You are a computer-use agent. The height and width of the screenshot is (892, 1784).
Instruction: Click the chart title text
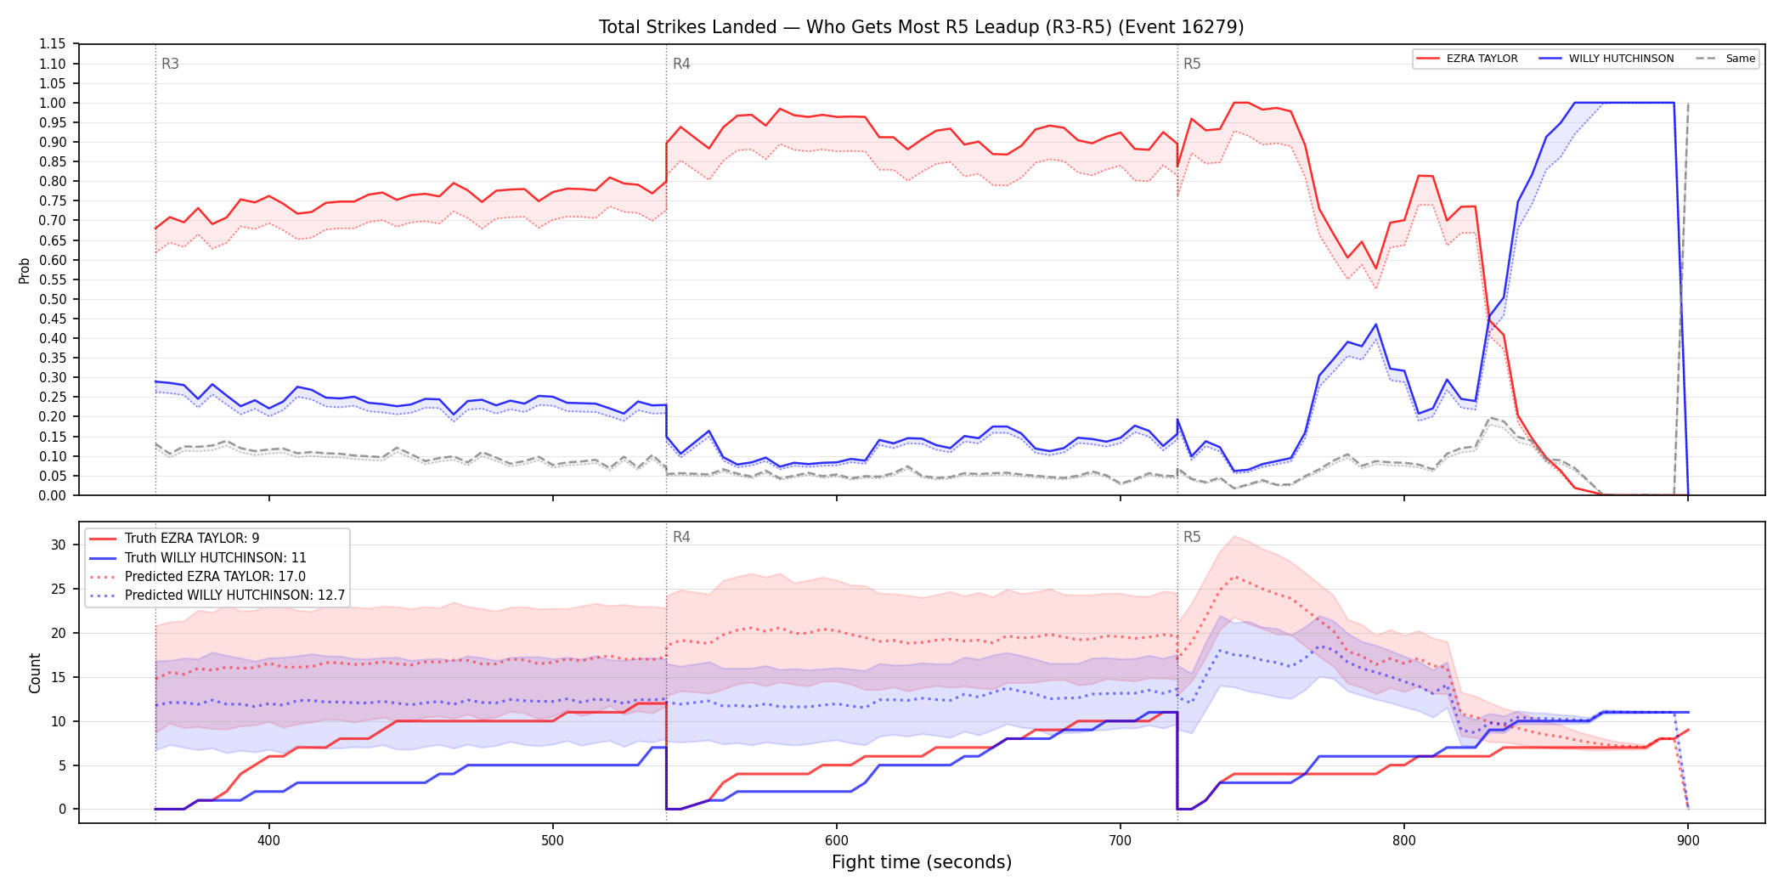coord(921,27)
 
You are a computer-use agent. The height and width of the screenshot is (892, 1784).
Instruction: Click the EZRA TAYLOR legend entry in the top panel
coord(1467,59)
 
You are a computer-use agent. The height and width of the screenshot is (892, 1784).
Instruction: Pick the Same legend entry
coord(1725,59)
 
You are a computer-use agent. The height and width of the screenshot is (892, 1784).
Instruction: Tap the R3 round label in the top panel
coord(170,64)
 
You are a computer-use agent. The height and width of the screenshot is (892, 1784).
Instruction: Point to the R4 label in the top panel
coord(681,64)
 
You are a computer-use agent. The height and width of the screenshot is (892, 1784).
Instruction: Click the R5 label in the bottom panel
coord(1192,537)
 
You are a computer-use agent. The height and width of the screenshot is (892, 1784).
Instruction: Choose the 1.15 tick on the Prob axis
coord(53,44)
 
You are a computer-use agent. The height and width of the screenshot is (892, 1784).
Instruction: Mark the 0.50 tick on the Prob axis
coord(53,299)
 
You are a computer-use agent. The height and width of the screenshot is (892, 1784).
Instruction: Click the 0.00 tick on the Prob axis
coord(53,495)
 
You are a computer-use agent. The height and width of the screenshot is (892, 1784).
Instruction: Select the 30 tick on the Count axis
coord(58,545)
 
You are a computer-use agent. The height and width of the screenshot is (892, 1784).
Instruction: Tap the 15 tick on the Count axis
coord(58,677)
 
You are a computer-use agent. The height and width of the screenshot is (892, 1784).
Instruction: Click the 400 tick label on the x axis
coord(268,840)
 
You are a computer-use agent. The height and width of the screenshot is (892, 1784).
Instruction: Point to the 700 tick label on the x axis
coord(1120,840)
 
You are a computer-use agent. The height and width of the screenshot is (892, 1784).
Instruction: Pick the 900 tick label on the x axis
coord(1688,840)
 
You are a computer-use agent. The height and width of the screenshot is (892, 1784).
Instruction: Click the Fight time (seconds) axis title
coord(922,862)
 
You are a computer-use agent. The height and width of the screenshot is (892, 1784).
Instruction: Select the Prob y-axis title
coord(25,270)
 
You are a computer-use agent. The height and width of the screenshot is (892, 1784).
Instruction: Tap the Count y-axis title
coord(35,673)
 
